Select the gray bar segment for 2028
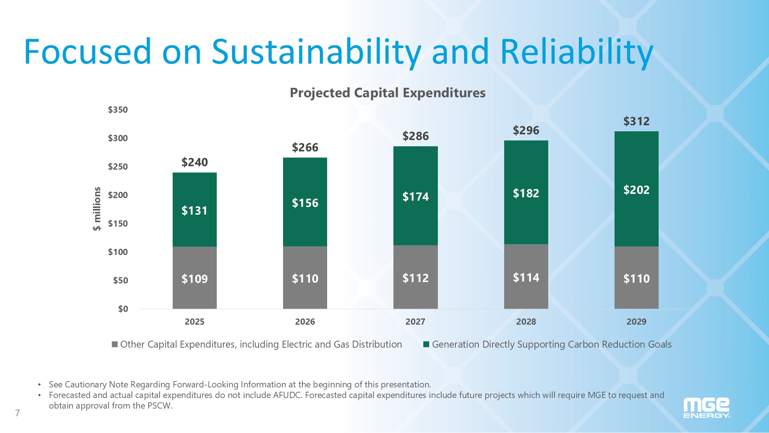click(x=526, y=292)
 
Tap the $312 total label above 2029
click(x=636, y=121)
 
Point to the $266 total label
click(x=305, y=147)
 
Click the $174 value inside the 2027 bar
click(x=415, y=197)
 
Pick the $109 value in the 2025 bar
click(x=195, y=279)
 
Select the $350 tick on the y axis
click(x=118, y=110)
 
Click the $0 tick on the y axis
click(x=123, y=309)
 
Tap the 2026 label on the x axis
click(x=305, y=322)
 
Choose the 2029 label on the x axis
click(x=636, y=322)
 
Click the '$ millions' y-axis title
click(x=97, y=209)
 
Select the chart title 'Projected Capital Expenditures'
click(x=388, y=93)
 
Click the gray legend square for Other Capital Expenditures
click(x=115, y=344)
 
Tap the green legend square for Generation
click(x=426, y=344)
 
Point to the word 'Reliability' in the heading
click(x=577, y=52)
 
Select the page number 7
click(x=17, y=413)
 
